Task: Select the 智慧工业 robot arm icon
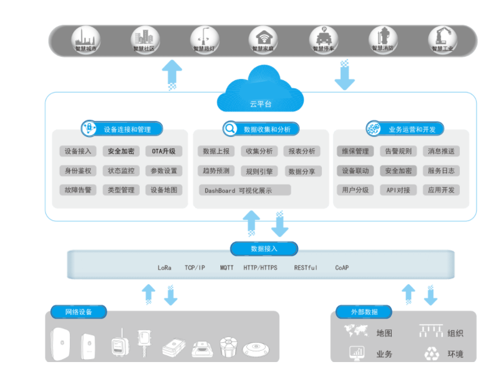coord(442,39)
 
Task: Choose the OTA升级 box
coord(163,151)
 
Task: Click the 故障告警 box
coord(78,190)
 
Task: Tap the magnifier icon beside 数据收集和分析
coord(230,129)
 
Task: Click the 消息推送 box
coord(441,151)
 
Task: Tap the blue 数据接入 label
coord(264,248)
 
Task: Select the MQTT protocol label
coord(227,267)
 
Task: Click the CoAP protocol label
coord(342,267)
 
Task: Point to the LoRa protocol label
coord(165,267)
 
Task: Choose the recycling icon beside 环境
coord(431,354)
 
